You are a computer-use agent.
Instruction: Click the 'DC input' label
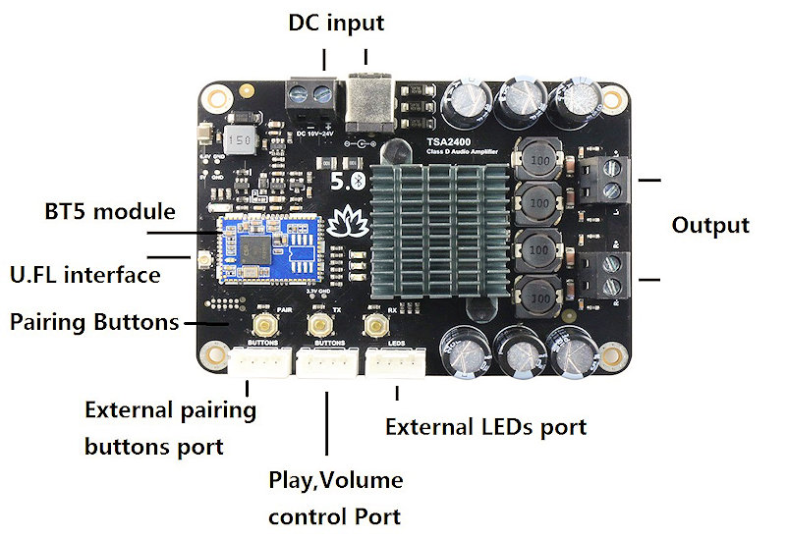[x=335, y=22]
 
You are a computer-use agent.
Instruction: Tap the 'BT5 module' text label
[x=109, y=211]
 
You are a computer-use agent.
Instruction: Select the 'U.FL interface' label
[x=84, y=274]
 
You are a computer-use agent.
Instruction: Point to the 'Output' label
[x=709, y=225]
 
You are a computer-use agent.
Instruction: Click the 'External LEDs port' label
[x=485, y=427]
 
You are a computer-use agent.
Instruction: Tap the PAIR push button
[x=263, y=325]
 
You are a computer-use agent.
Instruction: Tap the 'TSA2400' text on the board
[x=448, y=143]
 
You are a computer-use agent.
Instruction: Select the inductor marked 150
[x=237, y=139]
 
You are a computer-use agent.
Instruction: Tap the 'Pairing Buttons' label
[x=93, y=322]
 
